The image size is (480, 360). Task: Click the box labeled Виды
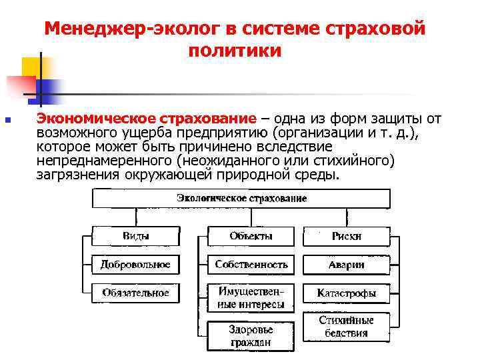coord(135,236)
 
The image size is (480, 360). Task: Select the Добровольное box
coord(135,265)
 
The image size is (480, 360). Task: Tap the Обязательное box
coord(135,293)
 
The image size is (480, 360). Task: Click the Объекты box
coord(251,236)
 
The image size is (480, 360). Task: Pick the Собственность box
coord(251,265)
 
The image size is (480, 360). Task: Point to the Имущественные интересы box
coord(251,298)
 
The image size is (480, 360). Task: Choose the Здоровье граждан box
coord(251,336)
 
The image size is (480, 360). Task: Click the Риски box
coord(347,236)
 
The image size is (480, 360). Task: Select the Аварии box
coord(347,265)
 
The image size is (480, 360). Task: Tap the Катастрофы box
coord(347,293)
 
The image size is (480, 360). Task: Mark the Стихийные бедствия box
coord(347,327)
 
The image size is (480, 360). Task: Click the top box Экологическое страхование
coord(241,199)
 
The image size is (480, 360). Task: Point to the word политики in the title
coord(235,51)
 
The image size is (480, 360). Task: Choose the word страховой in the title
coord(377,29)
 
